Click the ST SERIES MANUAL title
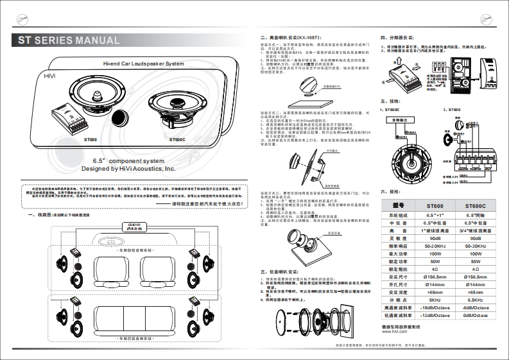(69, 41)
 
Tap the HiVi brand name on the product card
(50, 76)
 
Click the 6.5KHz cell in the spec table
(477, 299)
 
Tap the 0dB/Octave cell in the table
(477, 316)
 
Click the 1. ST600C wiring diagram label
(392, 110)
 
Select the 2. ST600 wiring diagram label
(452, 110)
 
